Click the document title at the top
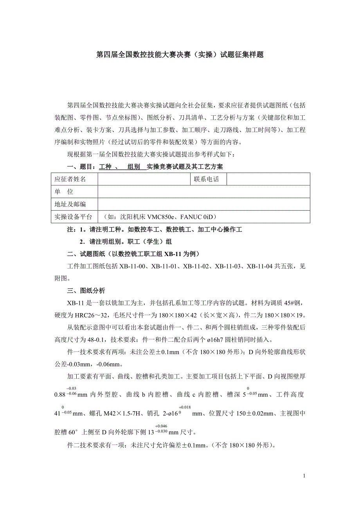click(180, 55)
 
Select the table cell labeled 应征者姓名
click(70, 179)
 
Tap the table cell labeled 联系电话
click(206, 179)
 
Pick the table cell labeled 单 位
click(64, 192)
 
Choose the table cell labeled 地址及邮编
click(70, 204)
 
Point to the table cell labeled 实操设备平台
click(73, 217)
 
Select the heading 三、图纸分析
click(86, 291)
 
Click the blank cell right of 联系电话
click(268, 179)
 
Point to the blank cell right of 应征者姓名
click(144, 179)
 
